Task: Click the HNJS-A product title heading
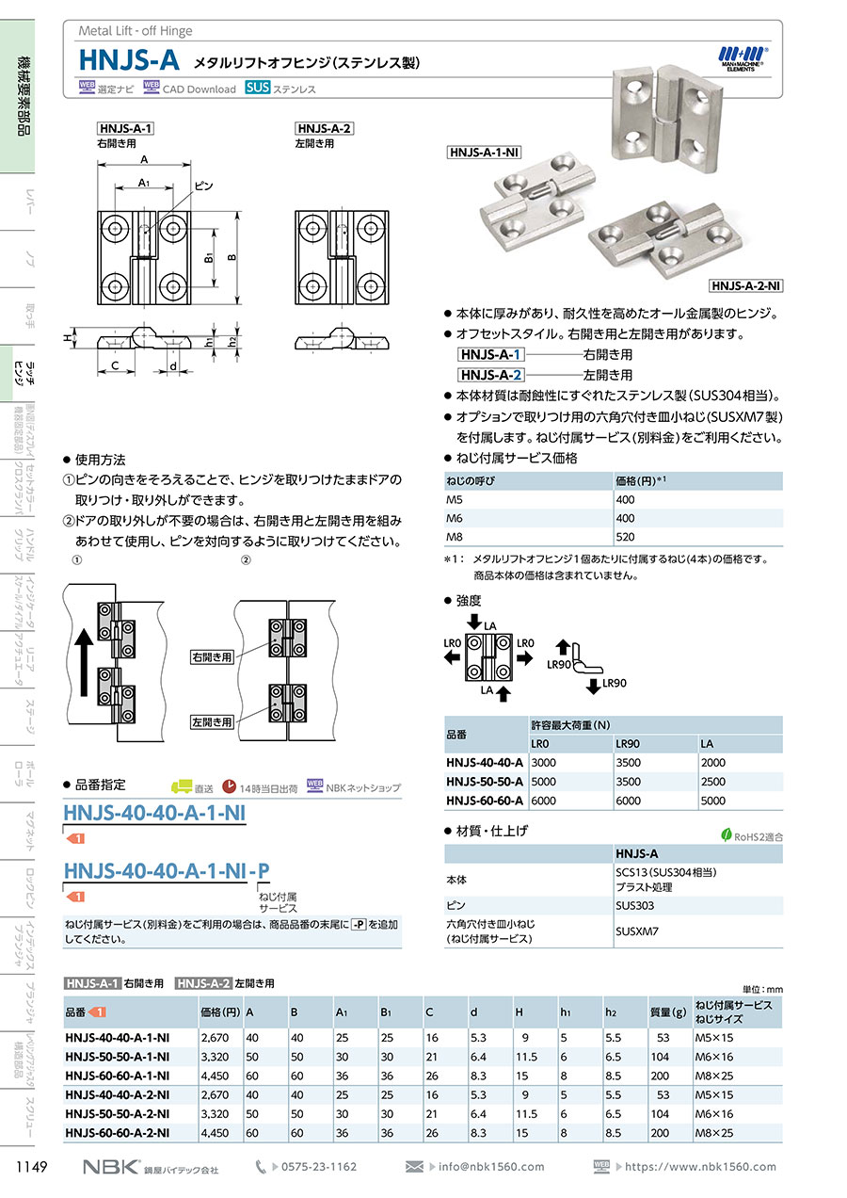tap(129, 60)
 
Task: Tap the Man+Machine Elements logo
tap(742, 58)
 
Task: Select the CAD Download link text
tap(199, 89)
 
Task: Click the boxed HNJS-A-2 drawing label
tap(324, 128)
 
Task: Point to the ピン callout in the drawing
tap(203, 186)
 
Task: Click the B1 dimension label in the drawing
tap(208, 258)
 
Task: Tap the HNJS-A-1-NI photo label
tap(484, 153)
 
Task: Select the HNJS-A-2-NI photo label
tap(746, 286)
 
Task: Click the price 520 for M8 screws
tap(625, 537)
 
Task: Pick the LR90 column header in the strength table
tap(628, 744)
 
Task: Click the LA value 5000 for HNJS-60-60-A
tap(712, 801)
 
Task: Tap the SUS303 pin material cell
tap(634, 905)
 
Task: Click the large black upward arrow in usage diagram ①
tap(84, 662)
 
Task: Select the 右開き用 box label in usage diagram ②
tap(212, 656)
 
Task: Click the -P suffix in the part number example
tap(259, 871)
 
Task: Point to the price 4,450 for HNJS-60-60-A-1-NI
tap(215, 1076)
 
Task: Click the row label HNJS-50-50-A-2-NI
tap(117, 1113)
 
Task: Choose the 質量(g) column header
tap(668, 1012)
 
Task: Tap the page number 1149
tap(32, 1166)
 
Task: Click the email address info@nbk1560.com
tap(491, 1166)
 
